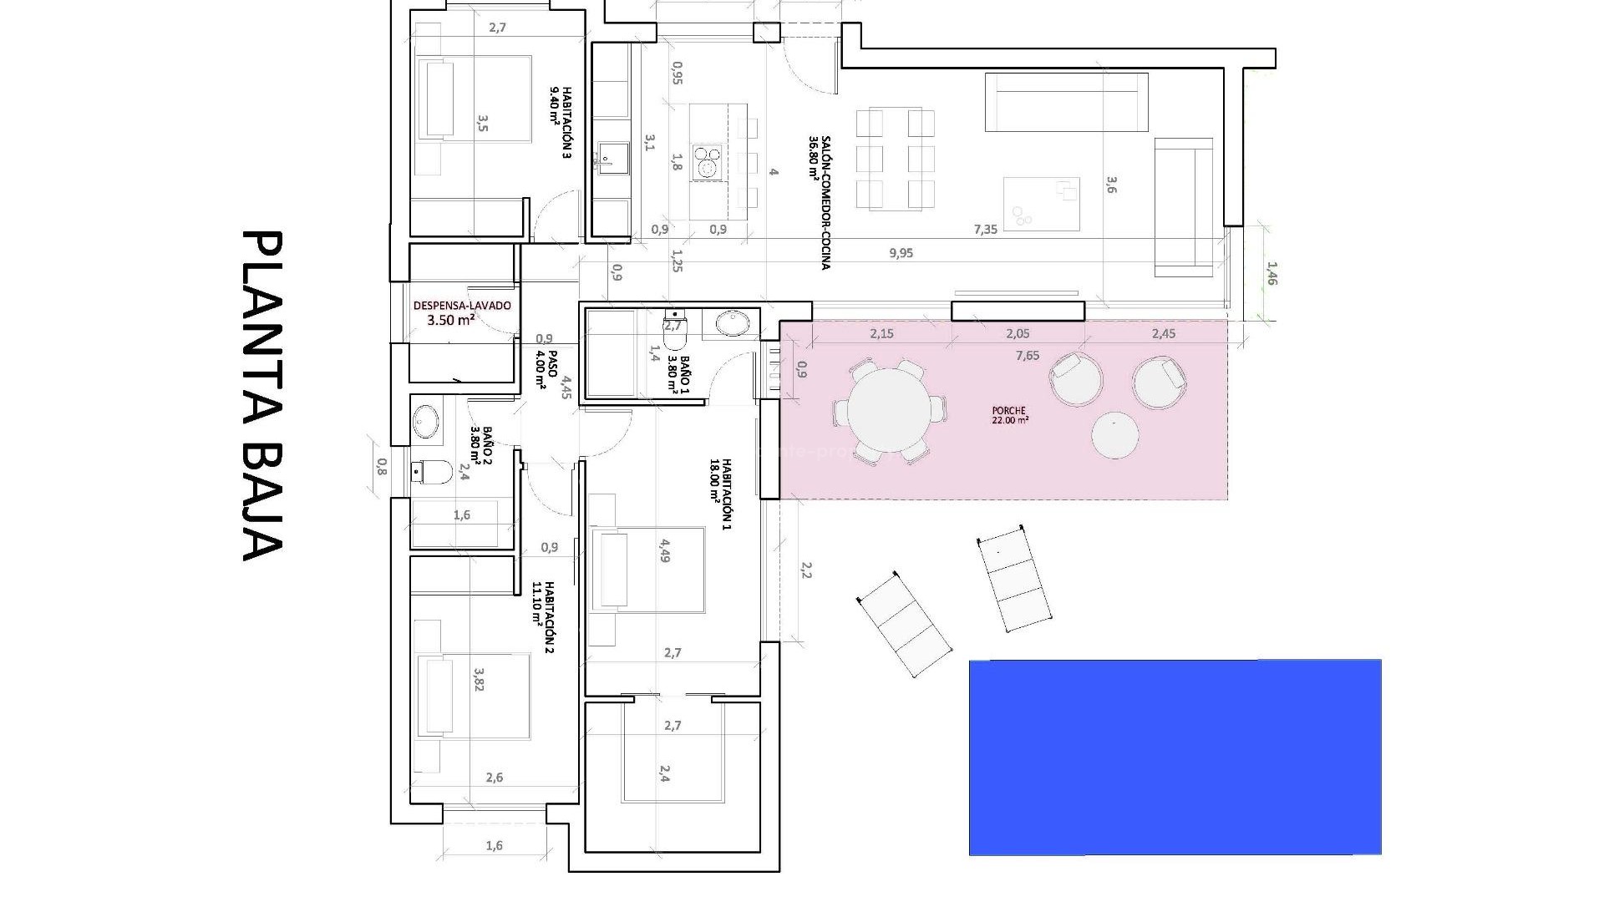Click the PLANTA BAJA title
(262, 396)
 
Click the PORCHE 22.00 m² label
(1010, 415)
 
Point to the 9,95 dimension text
(901, 253)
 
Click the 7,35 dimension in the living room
(986, 229)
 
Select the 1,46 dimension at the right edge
(1272, 273)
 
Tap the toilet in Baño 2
(432, 473)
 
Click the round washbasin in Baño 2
(426, 421)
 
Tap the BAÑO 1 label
(679, 375)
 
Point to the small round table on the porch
(1114, 435)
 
